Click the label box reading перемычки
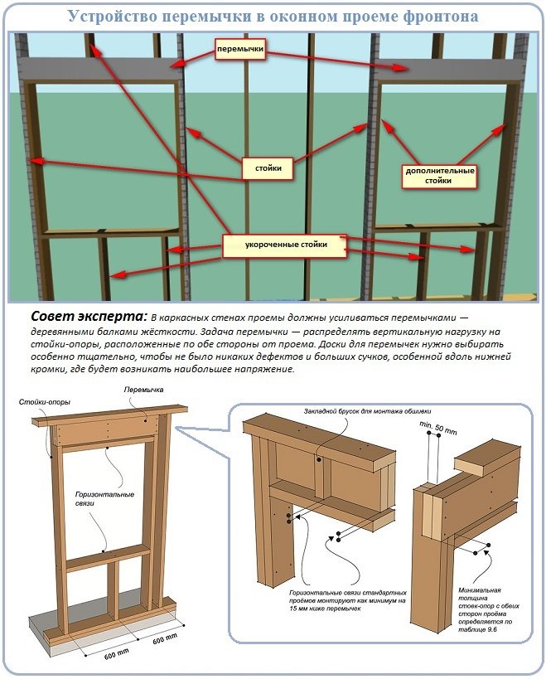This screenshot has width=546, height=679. (x=239, y=51)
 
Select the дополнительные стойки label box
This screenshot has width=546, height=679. (x=438, y=175)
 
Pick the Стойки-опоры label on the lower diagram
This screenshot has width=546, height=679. (x=44, y=402)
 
